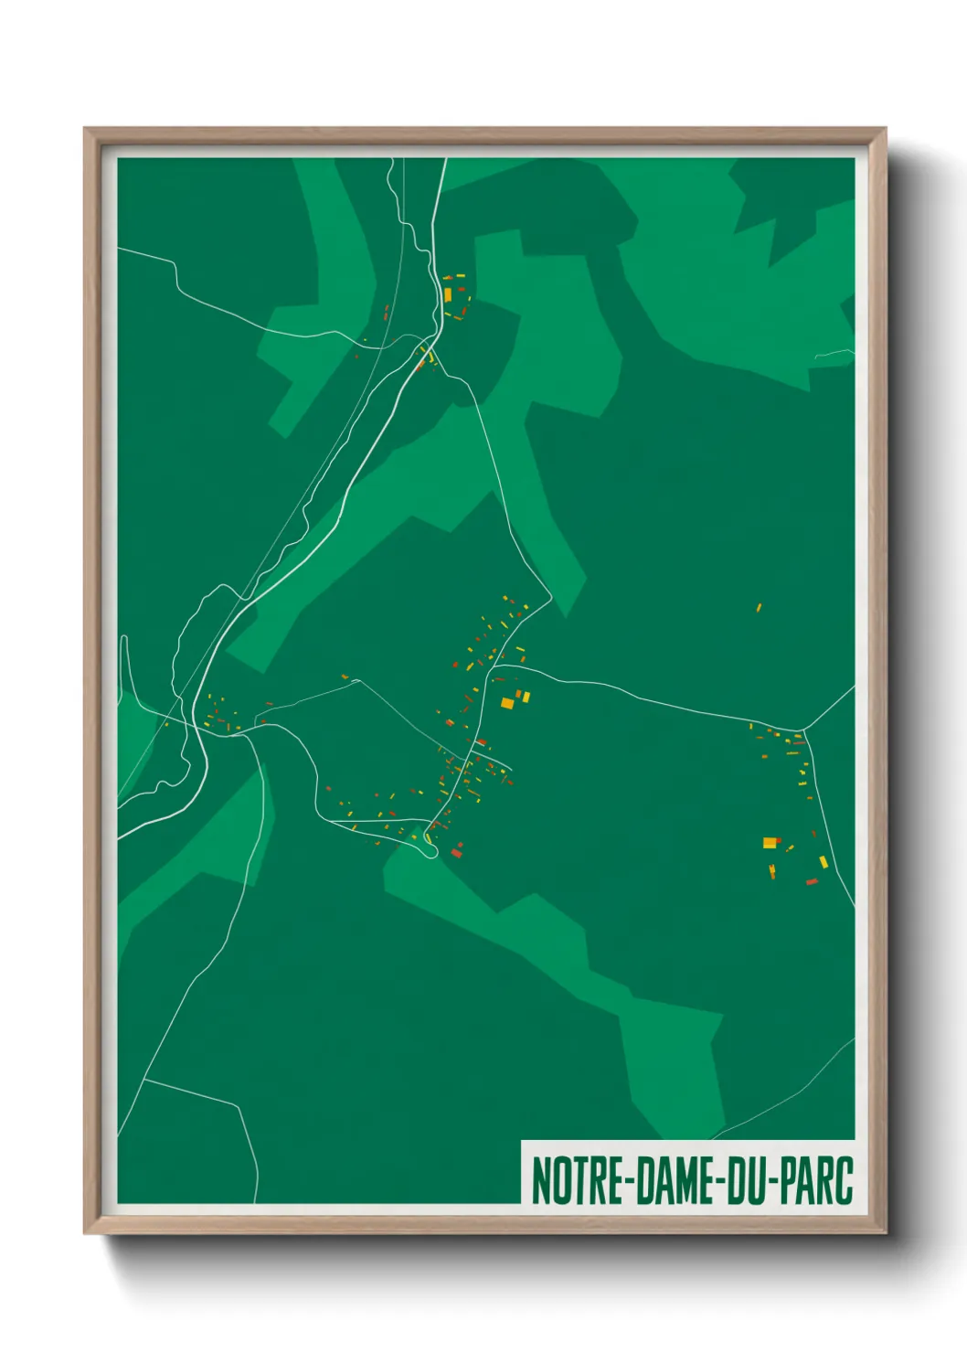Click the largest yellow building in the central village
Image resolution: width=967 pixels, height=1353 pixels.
[x=507, y=703]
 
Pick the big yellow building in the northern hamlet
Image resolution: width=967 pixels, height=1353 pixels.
[x=448, y=294]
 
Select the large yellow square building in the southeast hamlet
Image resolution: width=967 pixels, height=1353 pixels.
[x=770, y=843]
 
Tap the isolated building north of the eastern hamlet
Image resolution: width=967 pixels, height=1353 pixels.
[x=759, y=607]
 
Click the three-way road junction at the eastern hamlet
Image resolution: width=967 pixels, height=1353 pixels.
[x=801, y=731]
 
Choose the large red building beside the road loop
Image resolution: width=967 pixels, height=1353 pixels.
[x=456, y=853]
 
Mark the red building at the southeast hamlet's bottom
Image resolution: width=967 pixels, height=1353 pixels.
[x=812, y=882]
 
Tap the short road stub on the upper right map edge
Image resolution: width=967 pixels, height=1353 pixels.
[x=834, y=352]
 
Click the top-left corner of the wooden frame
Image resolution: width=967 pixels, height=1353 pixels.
[x=85, y=129]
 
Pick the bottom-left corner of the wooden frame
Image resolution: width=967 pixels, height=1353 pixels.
[x=85, y=1233]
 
